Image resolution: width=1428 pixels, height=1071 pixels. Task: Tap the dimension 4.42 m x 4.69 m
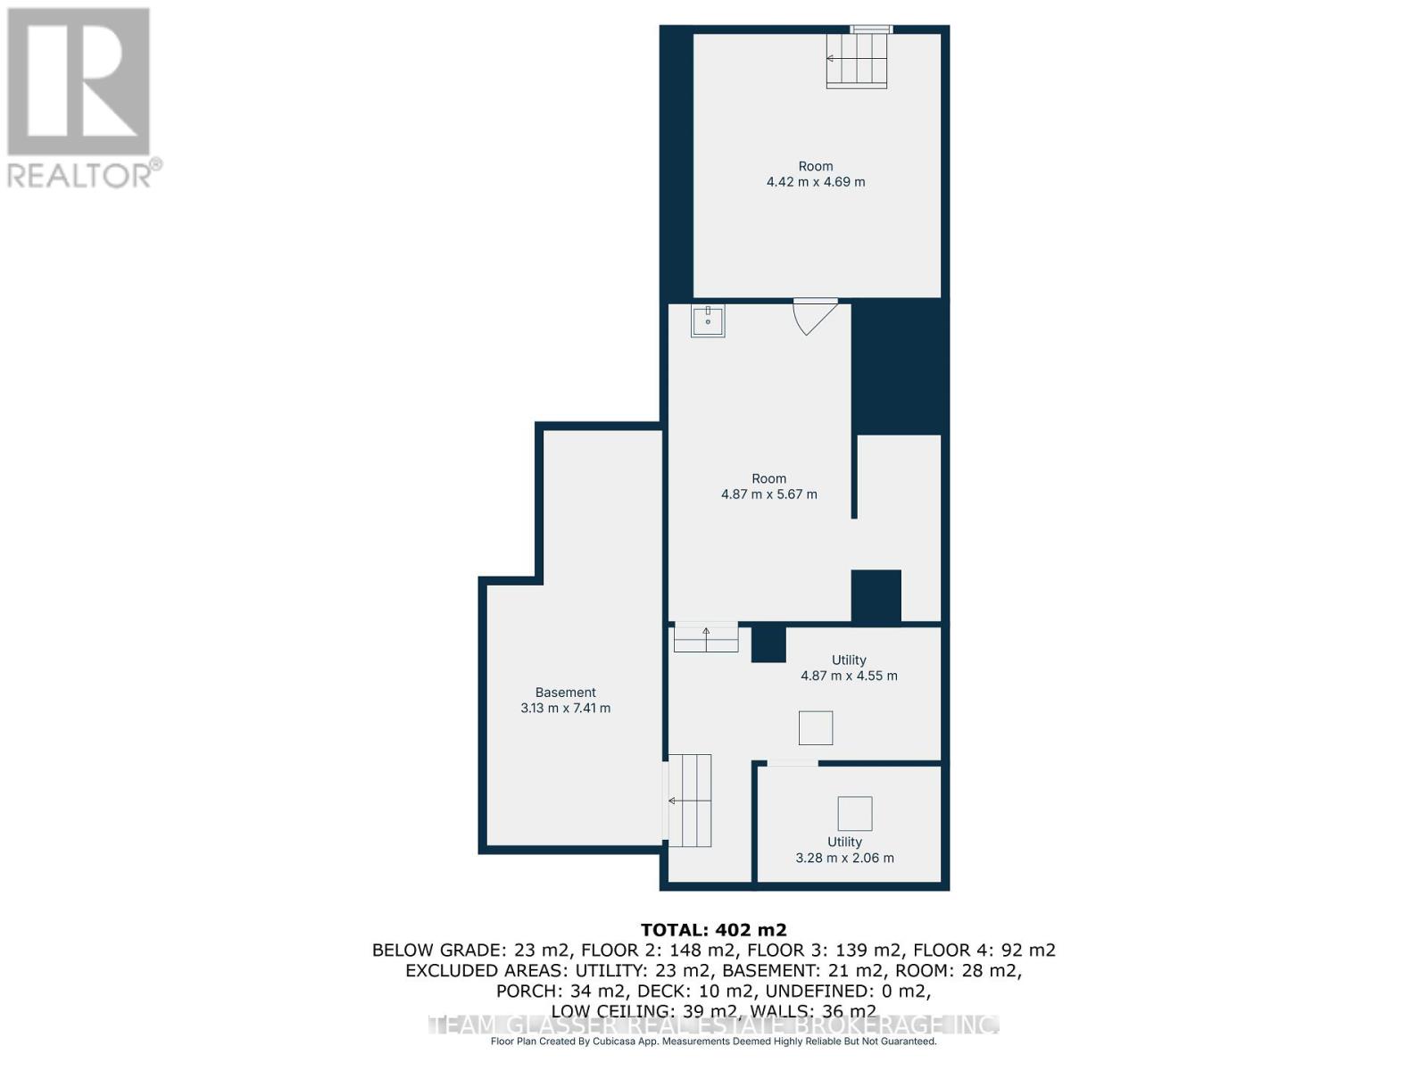[816, 182]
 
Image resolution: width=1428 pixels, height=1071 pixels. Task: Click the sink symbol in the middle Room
[708, 320]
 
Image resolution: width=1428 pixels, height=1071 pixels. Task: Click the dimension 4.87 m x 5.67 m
[768, 494]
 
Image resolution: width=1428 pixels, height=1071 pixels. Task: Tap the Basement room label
[565, 693]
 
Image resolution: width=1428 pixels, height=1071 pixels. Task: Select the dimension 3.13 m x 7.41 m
[565, 709]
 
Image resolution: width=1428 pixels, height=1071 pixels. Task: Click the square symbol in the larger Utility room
[816, 728]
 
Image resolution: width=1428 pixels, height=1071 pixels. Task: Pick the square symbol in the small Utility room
[854, 814]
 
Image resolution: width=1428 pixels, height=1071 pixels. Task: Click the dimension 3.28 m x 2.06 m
[844, 859]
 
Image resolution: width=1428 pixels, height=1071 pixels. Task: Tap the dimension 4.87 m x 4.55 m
[849, 677]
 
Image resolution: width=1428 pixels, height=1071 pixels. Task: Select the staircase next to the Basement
[690, 801]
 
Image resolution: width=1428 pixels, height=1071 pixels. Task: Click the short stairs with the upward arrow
[706, 638]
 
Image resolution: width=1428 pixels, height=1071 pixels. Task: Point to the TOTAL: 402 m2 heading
[714, 930]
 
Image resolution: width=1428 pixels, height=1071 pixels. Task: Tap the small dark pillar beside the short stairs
[768, 643]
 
